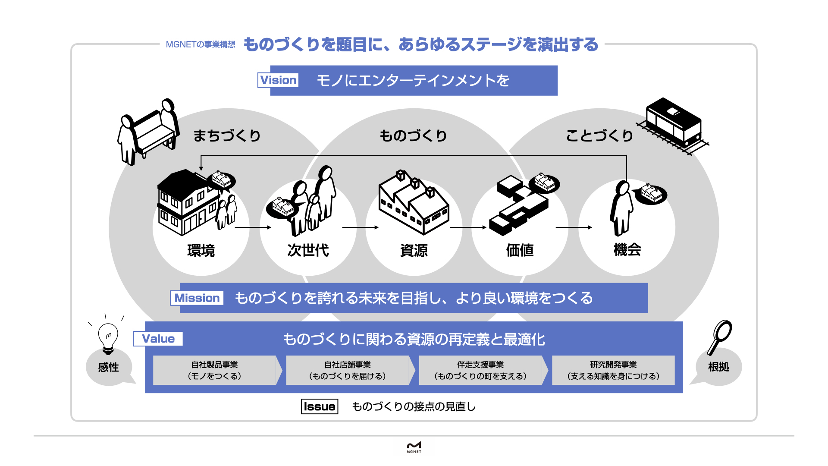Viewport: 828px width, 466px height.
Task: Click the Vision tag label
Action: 278,80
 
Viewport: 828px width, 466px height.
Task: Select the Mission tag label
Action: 197,298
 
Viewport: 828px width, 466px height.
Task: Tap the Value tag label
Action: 158,339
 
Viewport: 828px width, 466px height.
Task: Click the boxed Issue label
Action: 320,406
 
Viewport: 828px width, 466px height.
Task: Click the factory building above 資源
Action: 414,202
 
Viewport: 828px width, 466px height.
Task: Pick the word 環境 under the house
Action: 201,250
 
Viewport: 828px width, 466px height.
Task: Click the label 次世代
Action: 308,250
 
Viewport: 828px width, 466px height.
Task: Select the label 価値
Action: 520,250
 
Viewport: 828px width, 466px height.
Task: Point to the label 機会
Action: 627,250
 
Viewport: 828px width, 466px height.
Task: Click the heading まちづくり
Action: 227,135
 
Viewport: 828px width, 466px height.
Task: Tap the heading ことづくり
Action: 599,135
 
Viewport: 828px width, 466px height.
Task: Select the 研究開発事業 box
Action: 613,370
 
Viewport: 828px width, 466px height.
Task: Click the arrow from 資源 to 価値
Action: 468,227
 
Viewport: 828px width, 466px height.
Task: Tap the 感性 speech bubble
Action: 109,367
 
